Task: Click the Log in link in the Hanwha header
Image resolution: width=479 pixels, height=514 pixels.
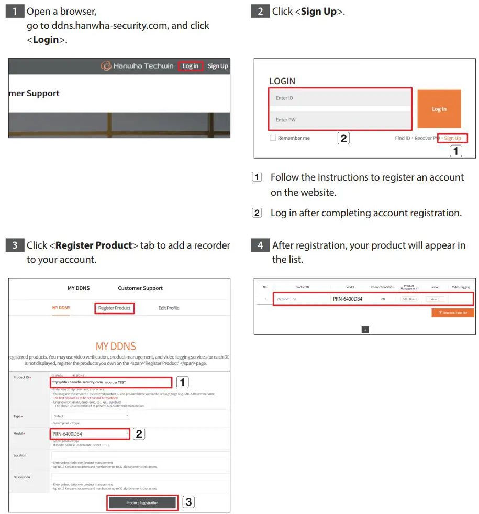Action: tap(191, 66)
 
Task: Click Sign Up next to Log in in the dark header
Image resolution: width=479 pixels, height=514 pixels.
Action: tap(218, 66)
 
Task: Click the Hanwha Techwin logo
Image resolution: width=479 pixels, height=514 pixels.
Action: tap(137, 66)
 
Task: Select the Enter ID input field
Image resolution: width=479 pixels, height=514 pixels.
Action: tap(340, 98)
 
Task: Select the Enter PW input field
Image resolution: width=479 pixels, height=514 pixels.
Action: tap(340, 120)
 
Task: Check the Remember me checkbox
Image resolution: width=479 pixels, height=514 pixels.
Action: tap(273, 138)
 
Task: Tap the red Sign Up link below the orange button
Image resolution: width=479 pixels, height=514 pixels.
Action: tap(453, 138)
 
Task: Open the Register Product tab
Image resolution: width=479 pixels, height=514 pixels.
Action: tap(115, 308)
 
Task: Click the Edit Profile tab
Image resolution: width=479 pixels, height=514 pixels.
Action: tap(169, 308)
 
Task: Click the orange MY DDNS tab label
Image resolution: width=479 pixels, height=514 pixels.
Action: tap(61, 308)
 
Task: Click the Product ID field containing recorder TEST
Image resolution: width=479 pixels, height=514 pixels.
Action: tap(136, 382)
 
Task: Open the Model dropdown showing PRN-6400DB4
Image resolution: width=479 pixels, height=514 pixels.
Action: tap(90, 434)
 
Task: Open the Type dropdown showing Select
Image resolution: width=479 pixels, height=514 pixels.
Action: tap(90, 416)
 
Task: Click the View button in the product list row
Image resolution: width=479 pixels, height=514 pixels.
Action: tap(434, 299)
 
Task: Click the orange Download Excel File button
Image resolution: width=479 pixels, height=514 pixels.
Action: tap(453, 312)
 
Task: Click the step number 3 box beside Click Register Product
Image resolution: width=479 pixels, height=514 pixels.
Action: tap(15, 245)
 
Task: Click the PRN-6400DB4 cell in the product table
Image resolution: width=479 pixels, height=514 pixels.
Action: tap(350, 299)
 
